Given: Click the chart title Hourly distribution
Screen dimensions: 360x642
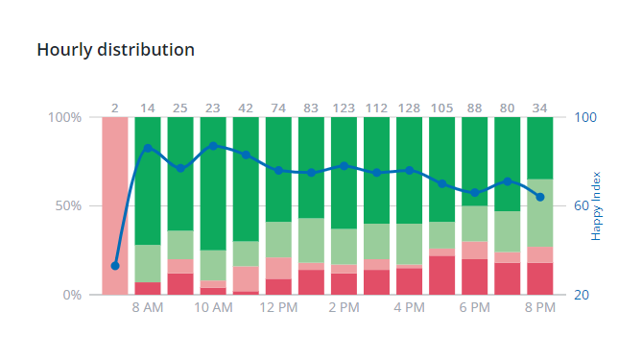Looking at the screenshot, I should (115, 49).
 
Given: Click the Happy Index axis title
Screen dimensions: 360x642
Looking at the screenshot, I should (596, 205).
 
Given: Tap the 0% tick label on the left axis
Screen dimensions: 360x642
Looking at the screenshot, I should (71, 295).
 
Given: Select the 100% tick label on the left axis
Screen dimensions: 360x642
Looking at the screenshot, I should (64, 117).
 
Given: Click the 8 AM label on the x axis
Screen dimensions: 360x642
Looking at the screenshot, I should (148, 308).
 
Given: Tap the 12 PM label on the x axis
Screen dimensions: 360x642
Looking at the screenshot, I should (278, 308).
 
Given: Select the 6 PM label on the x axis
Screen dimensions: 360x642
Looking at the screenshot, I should (474, 308).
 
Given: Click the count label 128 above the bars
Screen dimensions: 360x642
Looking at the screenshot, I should (409, 108).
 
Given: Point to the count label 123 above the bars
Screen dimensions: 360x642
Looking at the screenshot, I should (344, 108).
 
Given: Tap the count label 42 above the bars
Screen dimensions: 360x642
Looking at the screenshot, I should (246, 108).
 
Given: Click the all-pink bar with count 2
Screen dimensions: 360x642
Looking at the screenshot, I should (115, 205).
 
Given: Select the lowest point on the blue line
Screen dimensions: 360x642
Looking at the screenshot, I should (115, 266).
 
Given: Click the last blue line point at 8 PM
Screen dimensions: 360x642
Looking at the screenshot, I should (540, 197).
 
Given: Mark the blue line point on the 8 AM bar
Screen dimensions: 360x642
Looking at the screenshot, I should (148, 148).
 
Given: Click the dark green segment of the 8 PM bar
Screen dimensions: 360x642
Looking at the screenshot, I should (540, 147).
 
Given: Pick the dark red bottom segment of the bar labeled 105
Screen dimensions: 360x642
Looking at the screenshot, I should (442, 276).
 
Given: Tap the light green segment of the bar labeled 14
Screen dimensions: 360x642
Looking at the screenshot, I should (148, 263).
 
